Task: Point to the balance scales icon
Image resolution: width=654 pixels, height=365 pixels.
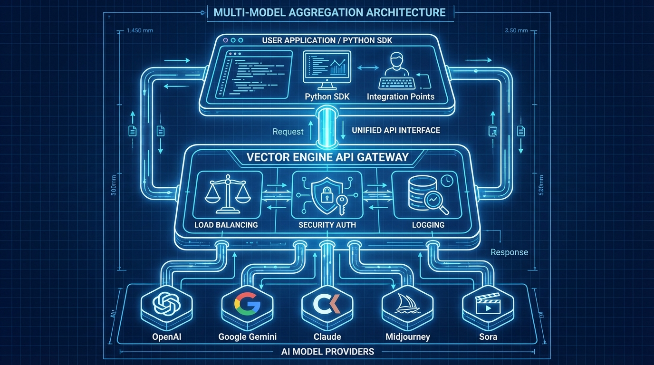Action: click(x=226, y=195)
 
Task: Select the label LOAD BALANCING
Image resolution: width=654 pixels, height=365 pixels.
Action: click(x=226, y=225)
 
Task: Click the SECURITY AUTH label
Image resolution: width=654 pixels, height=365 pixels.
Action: click(x=327, y=225)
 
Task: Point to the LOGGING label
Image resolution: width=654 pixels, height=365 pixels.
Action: click(x=428, y=225)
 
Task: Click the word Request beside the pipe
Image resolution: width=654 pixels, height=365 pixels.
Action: click(x=288, y=132)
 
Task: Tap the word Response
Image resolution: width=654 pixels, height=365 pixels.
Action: click(x=509, y=252)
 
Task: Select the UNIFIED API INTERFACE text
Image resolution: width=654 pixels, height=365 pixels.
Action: click(x=396, y=130)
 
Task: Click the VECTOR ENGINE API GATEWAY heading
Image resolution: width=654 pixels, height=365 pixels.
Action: click(x=327, y=157)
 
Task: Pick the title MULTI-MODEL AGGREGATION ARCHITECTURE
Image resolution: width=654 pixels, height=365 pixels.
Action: click(x=330, y=12)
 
